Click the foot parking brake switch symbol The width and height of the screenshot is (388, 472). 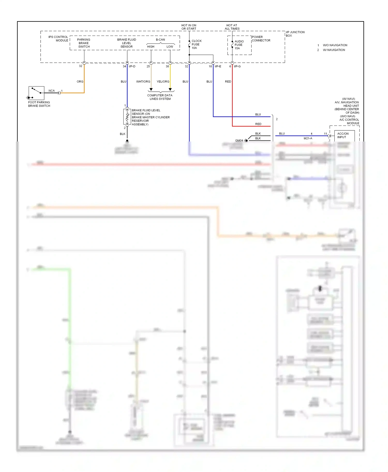[36, 93]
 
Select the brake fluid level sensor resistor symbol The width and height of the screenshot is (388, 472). [127, 117]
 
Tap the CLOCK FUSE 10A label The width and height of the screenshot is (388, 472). [196, 44]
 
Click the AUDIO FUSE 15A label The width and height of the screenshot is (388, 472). [239, 45]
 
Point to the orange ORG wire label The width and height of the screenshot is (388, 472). [80, 82]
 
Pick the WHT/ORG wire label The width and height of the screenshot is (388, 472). [143, 82]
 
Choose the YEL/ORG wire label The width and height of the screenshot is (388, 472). [163, 82]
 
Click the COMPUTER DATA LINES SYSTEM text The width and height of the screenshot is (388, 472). [160, 97]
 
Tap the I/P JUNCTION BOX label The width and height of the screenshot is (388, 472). [295, 34]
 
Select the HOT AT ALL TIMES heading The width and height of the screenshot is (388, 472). [232, 27]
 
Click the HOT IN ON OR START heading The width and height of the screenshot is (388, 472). [189, 27]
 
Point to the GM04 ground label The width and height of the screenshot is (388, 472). [239, 140]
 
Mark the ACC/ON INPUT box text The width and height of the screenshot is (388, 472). [343, 135]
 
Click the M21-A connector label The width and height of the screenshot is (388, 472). [308, 138]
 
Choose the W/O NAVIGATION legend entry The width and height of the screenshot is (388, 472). [335, 45]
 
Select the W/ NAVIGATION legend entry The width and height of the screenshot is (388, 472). [334, 50]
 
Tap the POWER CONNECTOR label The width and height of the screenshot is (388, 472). [261, 39]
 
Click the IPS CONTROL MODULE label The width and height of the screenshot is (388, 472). [58, 39]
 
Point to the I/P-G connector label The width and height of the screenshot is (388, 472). [237, 66]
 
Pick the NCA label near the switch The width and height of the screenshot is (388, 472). [51, 91]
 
